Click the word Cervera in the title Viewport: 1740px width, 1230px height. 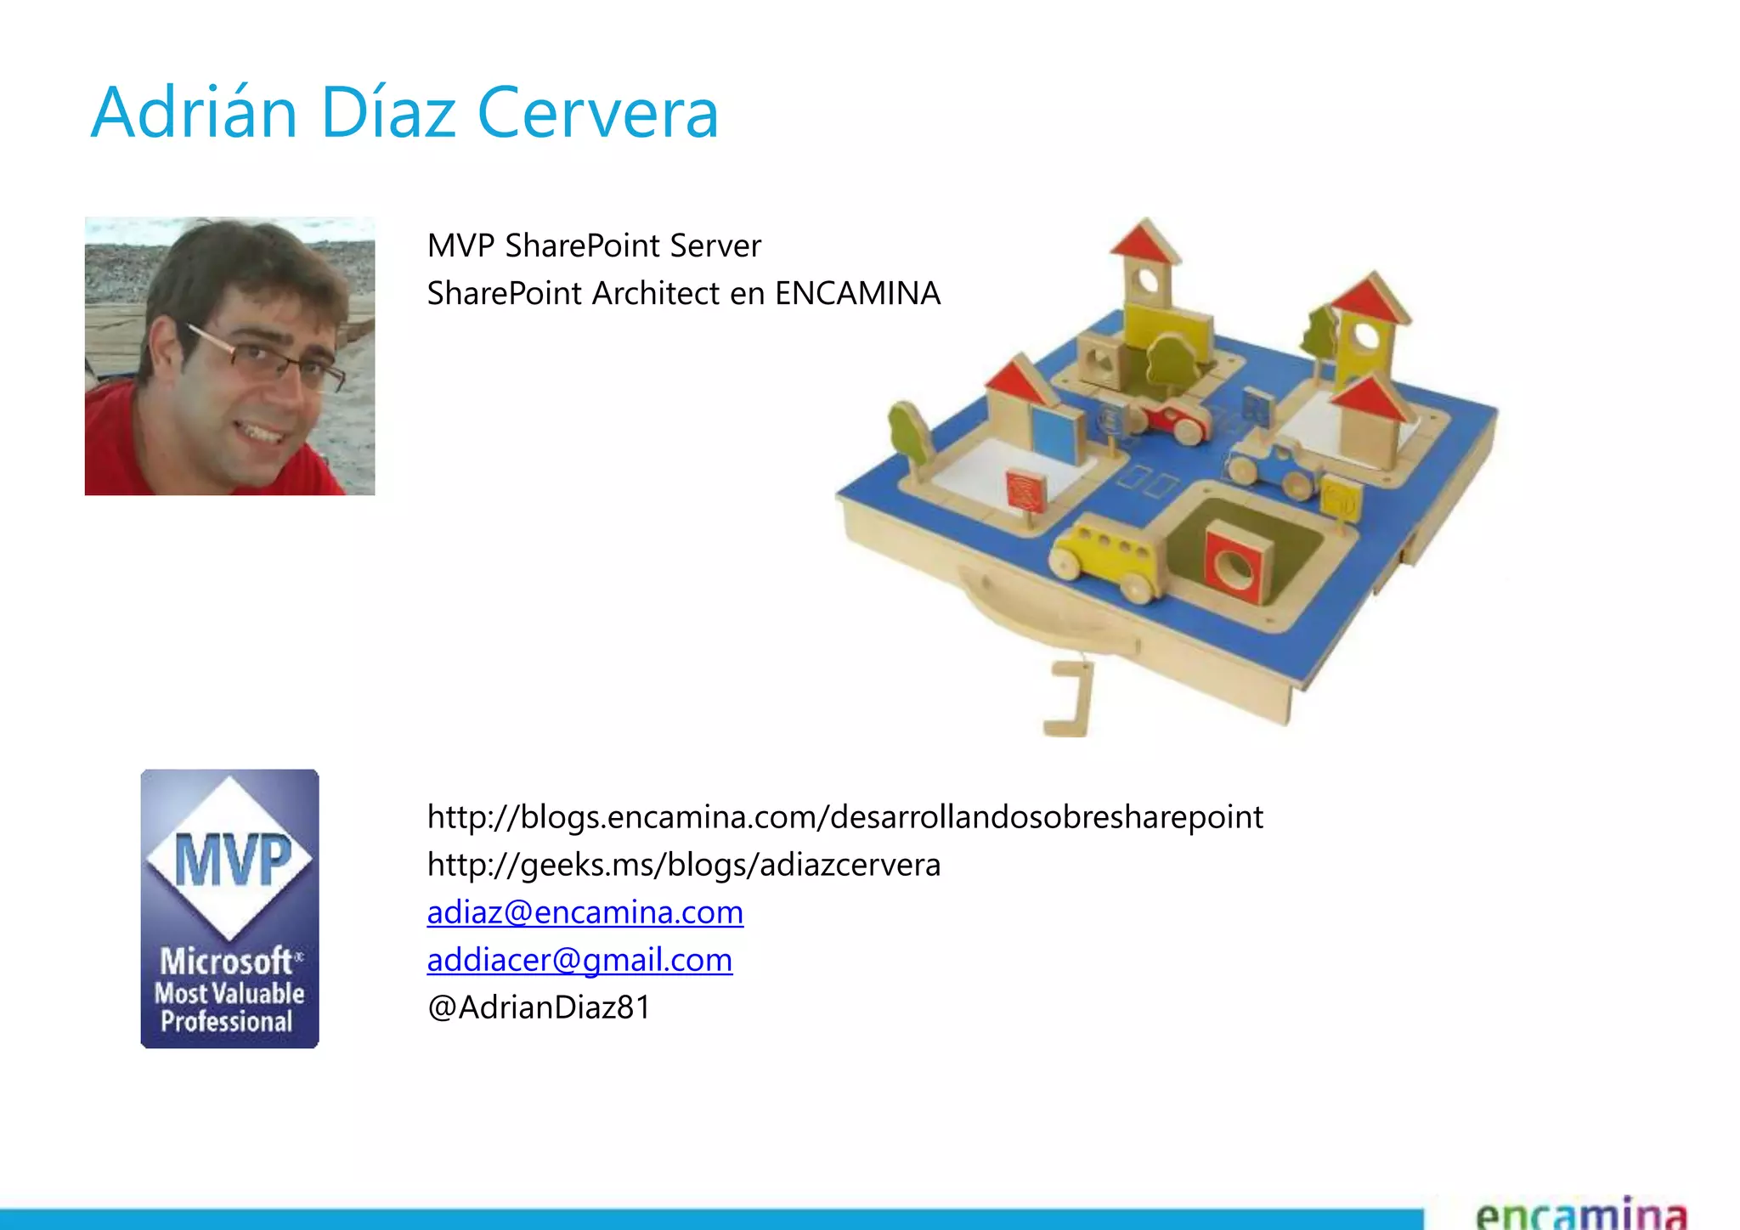tap(598, 113)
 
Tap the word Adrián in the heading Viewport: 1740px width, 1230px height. tap(194, 113)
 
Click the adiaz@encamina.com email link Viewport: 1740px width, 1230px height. tap(585, 912)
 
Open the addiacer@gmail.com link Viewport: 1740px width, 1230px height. tap(579, 960)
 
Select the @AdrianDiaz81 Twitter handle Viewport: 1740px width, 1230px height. tap(539, 1007)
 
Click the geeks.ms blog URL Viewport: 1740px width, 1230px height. tap(683, 865)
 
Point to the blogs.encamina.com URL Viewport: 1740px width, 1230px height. tap(845, 817)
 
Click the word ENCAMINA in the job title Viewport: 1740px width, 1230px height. tap(857, 294)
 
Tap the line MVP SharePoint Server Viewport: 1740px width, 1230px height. tap(593, 246)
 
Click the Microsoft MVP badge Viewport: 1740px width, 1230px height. tap(229, 908)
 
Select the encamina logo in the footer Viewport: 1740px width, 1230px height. tap(1580, 1213)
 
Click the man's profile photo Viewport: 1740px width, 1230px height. tap(229, 356)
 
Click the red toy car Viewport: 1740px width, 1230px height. tap(1177, 419)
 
